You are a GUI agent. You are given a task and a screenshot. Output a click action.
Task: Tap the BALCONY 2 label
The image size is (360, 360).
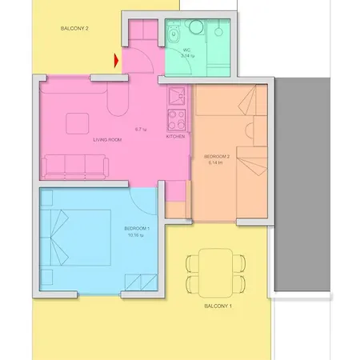[75, 28]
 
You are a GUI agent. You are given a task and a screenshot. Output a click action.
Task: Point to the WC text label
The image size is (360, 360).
[186, 50]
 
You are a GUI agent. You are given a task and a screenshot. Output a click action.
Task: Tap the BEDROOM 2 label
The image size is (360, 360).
[218, 156]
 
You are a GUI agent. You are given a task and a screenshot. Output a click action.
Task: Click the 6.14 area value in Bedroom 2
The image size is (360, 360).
[216, 162]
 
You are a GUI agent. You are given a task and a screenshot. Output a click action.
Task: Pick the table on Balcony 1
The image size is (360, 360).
[212, 271]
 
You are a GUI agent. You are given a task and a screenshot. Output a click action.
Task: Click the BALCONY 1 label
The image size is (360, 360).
[218, 306]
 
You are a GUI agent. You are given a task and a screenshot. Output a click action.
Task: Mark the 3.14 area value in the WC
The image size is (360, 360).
[187, 57]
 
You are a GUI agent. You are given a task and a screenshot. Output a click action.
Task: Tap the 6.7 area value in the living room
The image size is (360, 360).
[141, 129]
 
